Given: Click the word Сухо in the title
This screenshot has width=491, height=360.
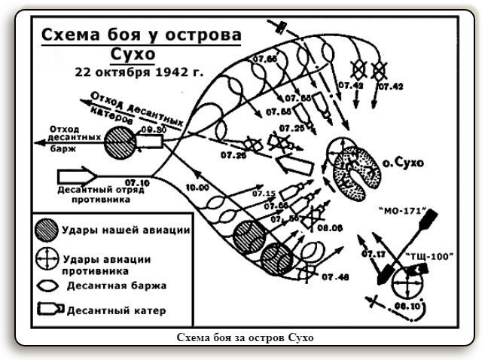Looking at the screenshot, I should tap(139, 56).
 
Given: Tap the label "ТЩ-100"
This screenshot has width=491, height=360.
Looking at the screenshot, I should tap(429, 255).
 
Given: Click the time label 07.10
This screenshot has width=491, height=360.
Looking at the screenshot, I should tap(137, 183).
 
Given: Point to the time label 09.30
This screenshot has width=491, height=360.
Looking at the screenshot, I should tap(153, 130).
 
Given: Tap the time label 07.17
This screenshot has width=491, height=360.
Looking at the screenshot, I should tap(374, 253).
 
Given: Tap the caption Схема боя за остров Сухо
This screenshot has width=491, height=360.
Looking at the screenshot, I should tap(245, 337).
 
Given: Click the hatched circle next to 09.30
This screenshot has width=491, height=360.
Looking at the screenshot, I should tap(120, 142).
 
